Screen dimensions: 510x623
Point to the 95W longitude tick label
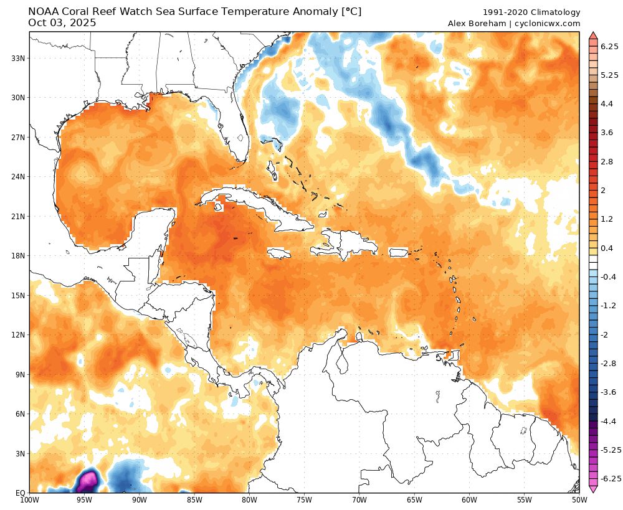[x=84, y=499]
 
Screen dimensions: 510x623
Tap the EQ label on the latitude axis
[x=20, y=493]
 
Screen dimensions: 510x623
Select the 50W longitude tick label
[x=579, y=499]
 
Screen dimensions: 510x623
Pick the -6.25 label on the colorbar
[x=610, y=478]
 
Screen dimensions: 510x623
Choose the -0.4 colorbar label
[x=608, y=276]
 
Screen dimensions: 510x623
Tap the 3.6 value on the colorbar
[x=607, y=133]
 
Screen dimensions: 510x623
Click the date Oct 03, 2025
[x=62, y=23]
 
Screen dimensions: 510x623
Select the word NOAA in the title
[x=44, y=12]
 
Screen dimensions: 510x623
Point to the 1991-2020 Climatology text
[x=531, y=12]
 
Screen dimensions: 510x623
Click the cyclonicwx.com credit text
[x=548, y=24]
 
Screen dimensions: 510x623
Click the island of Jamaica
[x=280, y=253]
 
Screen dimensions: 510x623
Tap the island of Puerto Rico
[x=397, y=253]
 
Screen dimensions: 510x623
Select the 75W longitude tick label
[x=304, y=499]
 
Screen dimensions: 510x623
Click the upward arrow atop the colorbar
[x=593, y=35]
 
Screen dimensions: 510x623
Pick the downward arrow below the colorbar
[x=593, y=489]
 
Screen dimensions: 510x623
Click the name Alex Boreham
[x=477, y=24]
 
